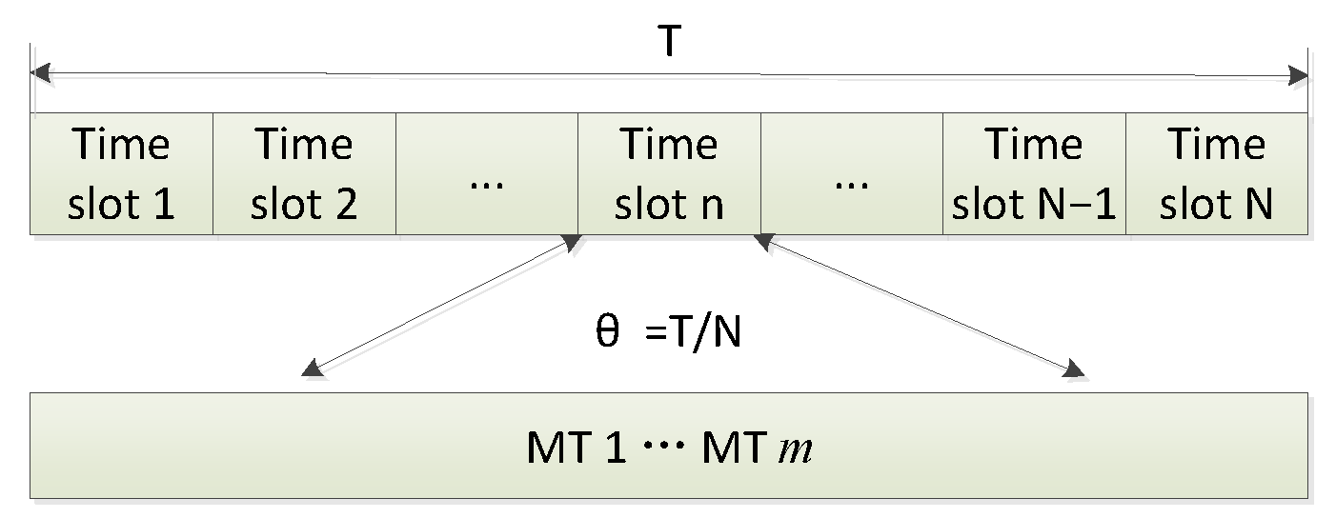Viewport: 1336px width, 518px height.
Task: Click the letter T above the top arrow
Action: point(669,42)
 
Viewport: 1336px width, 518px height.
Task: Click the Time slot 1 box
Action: point(121,173)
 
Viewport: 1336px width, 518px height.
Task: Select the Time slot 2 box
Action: point(304,173)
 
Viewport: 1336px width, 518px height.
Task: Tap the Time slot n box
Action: point(669,173)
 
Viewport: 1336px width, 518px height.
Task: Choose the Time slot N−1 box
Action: point(1034,173)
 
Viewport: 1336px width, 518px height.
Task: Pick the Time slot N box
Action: point(1217,173)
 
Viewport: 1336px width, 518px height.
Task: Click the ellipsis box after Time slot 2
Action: point(487,173)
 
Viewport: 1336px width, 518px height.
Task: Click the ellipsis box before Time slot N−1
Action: point(852,173)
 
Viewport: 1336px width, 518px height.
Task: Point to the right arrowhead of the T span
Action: point(1298,74)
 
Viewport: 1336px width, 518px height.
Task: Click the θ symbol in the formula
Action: point(607,335)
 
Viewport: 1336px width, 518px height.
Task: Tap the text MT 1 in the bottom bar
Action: point(576,448)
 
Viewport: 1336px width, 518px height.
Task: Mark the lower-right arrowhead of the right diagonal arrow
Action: point(1075,369)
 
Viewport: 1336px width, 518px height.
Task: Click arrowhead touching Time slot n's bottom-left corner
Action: point(572,243)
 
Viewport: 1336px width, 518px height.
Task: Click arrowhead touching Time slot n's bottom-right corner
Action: point(766,243)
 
